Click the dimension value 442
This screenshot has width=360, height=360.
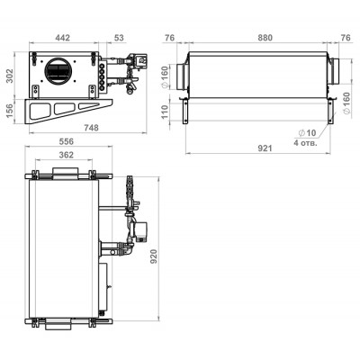[63, 38]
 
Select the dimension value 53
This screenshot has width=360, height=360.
[119, 38]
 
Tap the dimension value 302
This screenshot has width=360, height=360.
[10, 76]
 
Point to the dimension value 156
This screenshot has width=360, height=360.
[10, 111]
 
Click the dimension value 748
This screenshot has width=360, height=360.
[91, 128]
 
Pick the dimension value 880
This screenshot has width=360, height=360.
[265, 38]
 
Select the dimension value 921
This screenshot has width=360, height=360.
[265, 148]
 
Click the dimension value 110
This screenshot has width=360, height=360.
[166, 112]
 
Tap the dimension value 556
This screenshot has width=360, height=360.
[67, 141]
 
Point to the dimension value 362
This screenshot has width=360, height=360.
[66, 155]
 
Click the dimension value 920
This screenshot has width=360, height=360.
[153, 256]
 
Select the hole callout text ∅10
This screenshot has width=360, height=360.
[307, 132]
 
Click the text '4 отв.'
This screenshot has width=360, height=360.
[305, 143]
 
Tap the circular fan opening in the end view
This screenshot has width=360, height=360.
[58, 71]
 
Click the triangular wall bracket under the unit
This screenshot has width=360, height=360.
[69, 111]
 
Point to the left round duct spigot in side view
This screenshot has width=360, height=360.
[182, 76]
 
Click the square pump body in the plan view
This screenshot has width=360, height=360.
[140, 231]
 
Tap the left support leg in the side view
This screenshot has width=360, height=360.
[186, 112]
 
